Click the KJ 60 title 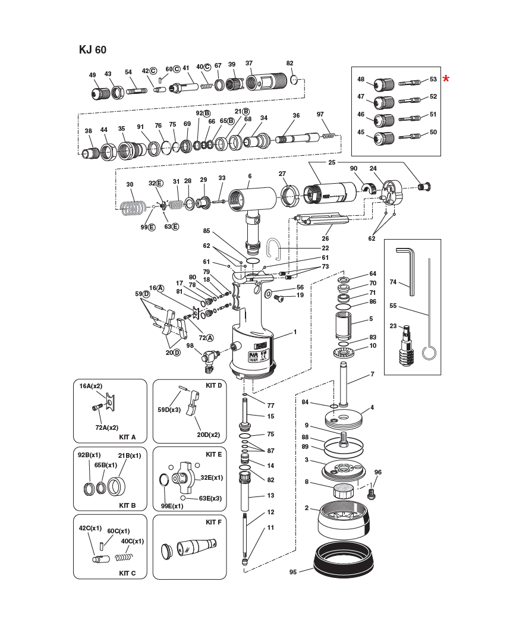coord(92,50)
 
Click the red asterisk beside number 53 coord(446,79)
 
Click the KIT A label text coord(127,437)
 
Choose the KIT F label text coord(213,522)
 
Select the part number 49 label coord(92,75)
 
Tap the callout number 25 coord(332,162)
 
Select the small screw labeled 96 coord(373,492)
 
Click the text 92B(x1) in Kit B coord(89,455)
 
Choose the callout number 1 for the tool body coord(294,331)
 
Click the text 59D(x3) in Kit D coord(169,410)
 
